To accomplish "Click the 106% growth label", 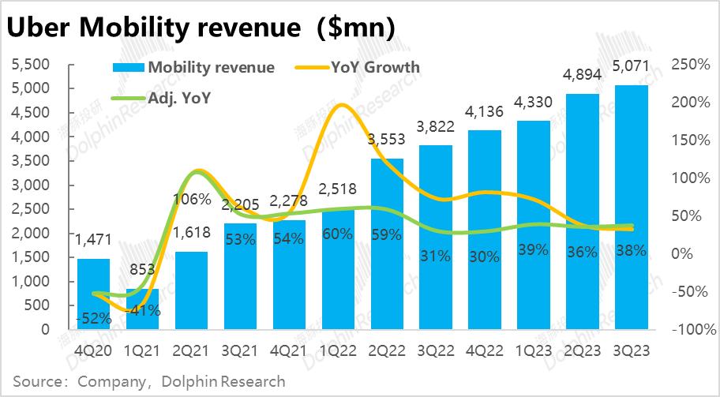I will tap(193, 200).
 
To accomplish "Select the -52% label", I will tap(94, 318).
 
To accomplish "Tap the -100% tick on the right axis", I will tap(688, 329).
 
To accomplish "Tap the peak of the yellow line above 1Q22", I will tap(342, 104).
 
